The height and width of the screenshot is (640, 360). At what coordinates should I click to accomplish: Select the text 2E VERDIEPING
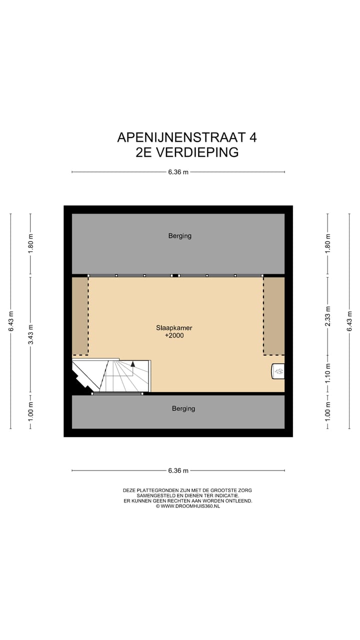coord(187,152)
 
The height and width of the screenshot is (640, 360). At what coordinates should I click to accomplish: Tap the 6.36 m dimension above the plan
coord(178,172)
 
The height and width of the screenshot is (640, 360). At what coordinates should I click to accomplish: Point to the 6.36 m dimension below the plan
coord(178,470)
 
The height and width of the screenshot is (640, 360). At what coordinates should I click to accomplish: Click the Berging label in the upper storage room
coord(179,236)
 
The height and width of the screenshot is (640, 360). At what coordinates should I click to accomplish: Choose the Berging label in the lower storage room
coord(183,408)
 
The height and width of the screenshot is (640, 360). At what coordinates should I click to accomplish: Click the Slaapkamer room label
coord(174,328)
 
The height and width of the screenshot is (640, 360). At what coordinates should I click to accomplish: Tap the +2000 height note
coord(174,336)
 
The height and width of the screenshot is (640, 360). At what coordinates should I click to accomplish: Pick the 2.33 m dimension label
coord(328,316)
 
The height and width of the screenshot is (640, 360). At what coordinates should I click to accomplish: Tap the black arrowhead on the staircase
coord(133,364)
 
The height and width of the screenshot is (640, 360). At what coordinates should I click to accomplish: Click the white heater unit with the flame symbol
coord(278,371)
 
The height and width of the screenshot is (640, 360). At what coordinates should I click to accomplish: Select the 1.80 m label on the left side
coord(30,245)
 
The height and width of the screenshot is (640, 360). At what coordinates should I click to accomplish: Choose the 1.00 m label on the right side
coord(328,411)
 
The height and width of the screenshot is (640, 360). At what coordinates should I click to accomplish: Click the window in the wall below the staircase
coord(117,394)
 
